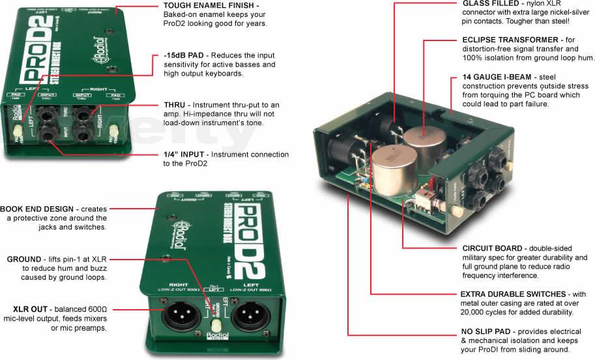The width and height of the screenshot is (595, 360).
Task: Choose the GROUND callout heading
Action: (24, 259)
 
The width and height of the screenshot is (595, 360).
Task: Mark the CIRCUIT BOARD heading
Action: (492, 248)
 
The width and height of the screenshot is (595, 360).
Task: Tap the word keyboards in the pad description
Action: (210, 74)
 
